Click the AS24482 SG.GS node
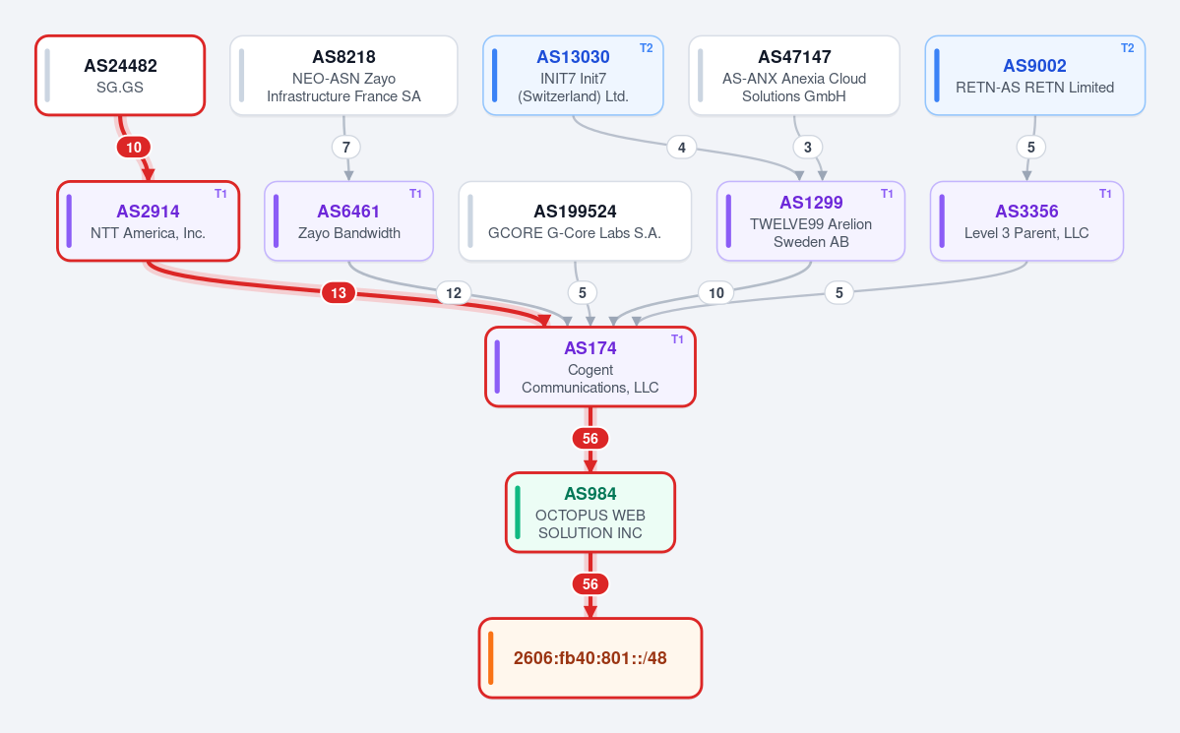(120, 75)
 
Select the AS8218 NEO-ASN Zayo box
(343, 75)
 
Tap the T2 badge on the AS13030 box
(647, 48)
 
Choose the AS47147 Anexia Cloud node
(794, 75)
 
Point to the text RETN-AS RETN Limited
(1034, 88)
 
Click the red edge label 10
(133, 148)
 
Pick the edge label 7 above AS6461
(346, 148)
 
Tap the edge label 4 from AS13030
(682, 148)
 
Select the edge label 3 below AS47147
(807, 148)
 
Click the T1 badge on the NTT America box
(220, 194)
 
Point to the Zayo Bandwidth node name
(349, 233)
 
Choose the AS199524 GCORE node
(575, 221)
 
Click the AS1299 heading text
(811, 203)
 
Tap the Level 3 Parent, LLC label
(1026, 233)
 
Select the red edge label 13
(339, 293)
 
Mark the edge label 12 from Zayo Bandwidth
(454, 293)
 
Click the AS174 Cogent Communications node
(590, 367)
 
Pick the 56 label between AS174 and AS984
(590, 439)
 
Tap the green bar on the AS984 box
(518, 513)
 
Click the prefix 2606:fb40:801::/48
(590, 658)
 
